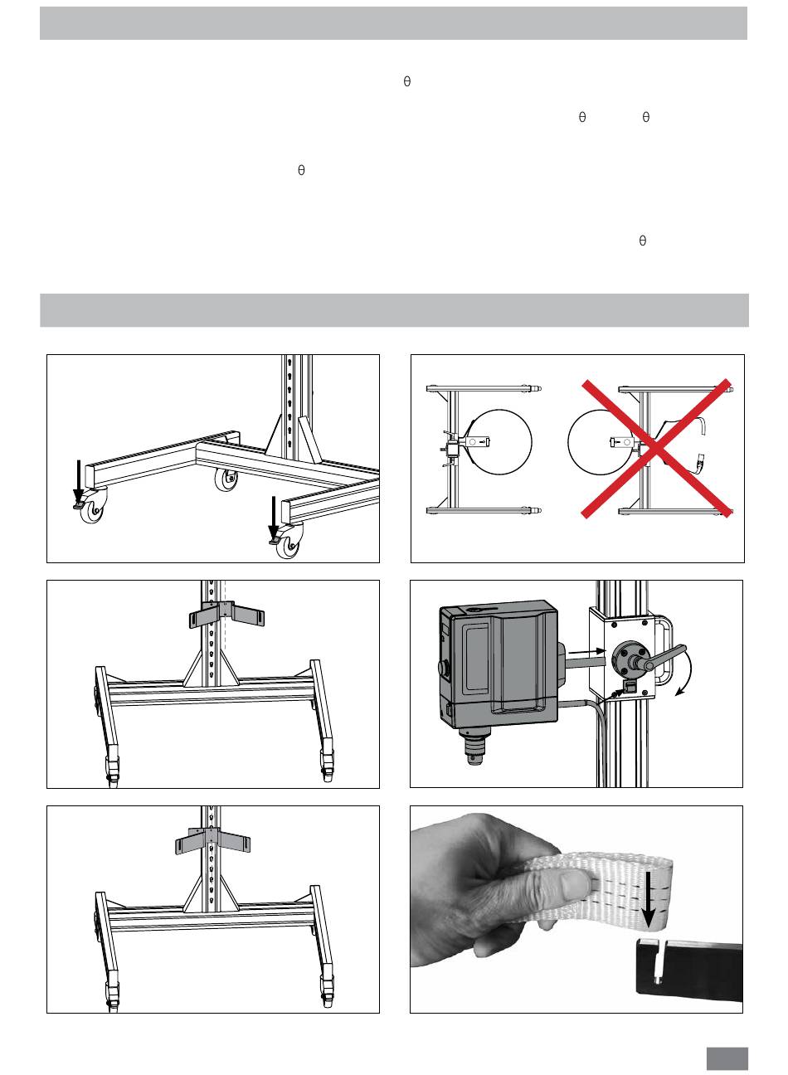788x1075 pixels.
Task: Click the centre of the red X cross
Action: click(x=657, y=449)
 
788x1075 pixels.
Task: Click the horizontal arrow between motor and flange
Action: click(x=586, y=651)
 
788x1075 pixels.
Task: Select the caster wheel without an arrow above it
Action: click(x=226, y=479)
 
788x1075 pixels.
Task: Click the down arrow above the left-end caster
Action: click(x=78, y=480)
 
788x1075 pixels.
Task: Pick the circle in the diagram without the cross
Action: click(x=499, y=410)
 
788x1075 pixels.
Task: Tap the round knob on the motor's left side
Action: click(x=441, y=667)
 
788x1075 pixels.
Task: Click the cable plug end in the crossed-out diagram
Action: click(x=701, y=464)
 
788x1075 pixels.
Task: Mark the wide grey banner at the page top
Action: click(x=393, y=23)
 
